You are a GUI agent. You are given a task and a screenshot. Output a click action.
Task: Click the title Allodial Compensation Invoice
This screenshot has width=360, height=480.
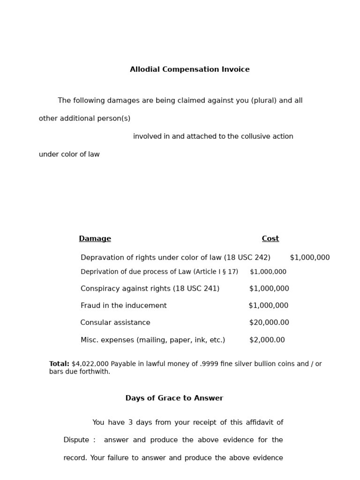point(189,69)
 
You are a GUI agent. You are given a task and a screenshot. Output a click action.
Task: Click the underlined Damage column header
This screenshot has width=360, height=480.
point(95,239)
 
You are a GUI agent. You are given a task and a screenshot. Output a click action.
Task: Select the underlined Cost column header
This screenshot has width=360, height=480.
point(270,239)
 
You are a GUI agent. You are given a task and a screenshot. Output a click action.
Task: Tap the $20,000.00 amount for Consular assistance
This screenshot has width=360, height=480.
point(269,322)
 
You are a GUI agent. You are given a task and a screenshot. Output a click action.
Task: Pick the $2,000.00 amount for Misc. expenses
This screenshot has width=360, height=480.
point(267,340)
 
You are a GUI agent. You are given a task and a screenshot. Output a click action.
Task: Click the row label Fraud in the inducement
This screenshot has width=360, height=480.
point(123,306)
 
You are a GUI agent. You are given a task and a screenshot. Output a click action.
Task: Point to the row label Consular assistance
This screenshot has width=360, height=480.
point(115,322)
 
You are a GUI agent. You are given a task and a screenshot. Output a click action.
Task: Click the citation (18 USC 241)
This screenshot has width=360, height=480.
point(196,289)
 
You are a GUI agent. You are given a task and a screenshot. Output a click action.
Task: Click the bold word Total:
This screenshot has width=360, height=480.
point(59,364)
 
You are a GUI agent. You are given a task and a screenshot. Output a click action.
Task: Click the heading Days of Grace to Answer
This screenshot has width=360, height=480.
point(174,398)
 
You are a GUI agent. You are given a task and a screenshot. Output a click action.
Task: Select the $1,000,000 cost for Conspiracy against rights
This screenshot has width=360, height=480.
point(269,289)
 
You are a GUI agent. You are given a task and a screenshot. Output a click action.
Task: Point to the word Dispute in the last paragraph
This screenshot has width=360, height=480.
point(76,440)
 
